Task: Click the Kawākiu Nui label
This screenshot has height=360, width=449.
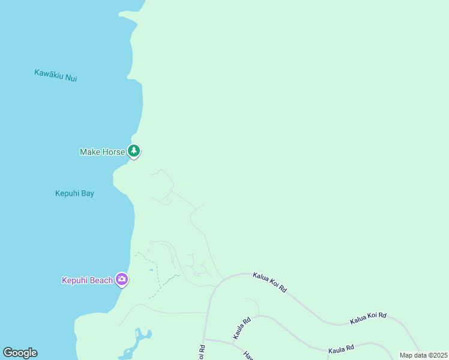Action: pos(55,76)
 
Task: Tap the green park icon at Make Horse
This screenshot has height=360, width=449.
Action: pos(134,151)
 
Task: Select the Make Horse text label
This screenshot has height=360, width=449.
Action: pos(102,152)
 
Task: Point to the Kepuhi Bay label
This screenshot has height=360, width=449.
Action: pos(74,194)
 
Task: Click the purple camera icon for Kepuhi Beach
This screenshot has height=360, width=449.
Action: pos(122,279)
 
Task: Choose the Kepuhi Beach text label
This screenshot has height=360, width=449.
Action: pos(87,280)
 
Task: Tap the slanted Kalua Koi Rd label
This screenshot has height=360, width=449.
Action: pos(270,283)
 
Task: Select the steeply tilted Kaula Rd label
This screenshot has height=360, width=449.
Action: pos(241,328)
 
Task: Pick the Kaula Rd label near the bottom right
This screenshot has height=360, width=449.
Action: pos(341,348)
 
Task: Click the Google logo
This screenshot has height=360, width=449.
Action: pos(20,353)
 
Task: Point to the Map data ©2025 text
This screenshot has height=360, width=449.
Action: pos(423,355)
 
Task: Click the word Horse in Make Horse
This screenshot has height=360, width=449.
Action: pos(114,152)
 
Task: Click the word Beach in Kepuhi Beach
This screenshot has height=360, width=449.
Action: pos(101,280)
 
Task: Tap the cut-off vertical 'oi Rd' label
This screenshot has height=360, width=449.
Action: pos(202,352)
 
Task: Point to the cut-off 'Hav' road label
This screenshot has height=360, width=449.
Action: pos(248,355)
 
